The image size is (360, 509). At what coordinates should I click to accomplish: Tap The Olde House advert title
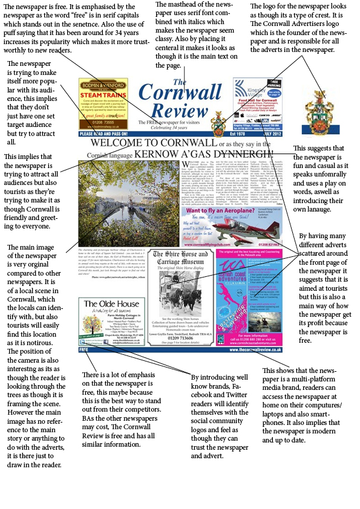[x=106, y=322]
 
